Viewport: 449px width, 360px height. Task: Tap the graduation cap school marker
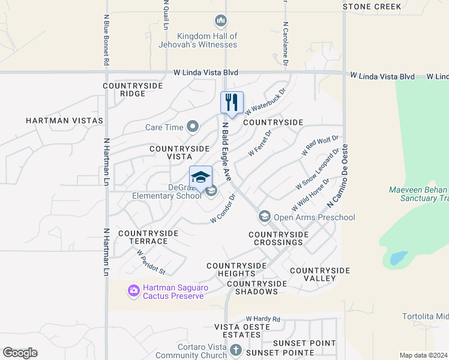click(200, 177)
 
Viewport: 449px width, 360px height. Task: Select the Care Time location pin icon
click(193, 127)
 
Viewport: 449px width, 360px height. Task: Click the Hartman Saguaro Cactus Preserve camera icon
click(133, 292)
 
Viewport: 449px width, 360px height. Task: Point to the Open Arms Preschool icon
click(264, 216)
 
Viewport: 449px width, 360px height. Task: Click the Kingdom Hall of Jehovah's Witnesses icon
click(221, 22)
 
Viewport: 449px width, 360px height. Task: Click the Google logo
click(20, 353)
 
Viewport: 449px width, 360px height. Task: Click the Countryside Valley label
click(319, 275)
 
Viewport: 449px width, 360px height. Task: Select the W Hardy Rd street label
click(263, 319)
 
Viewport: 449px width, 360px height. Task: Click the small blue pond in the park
click(396, 259)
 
